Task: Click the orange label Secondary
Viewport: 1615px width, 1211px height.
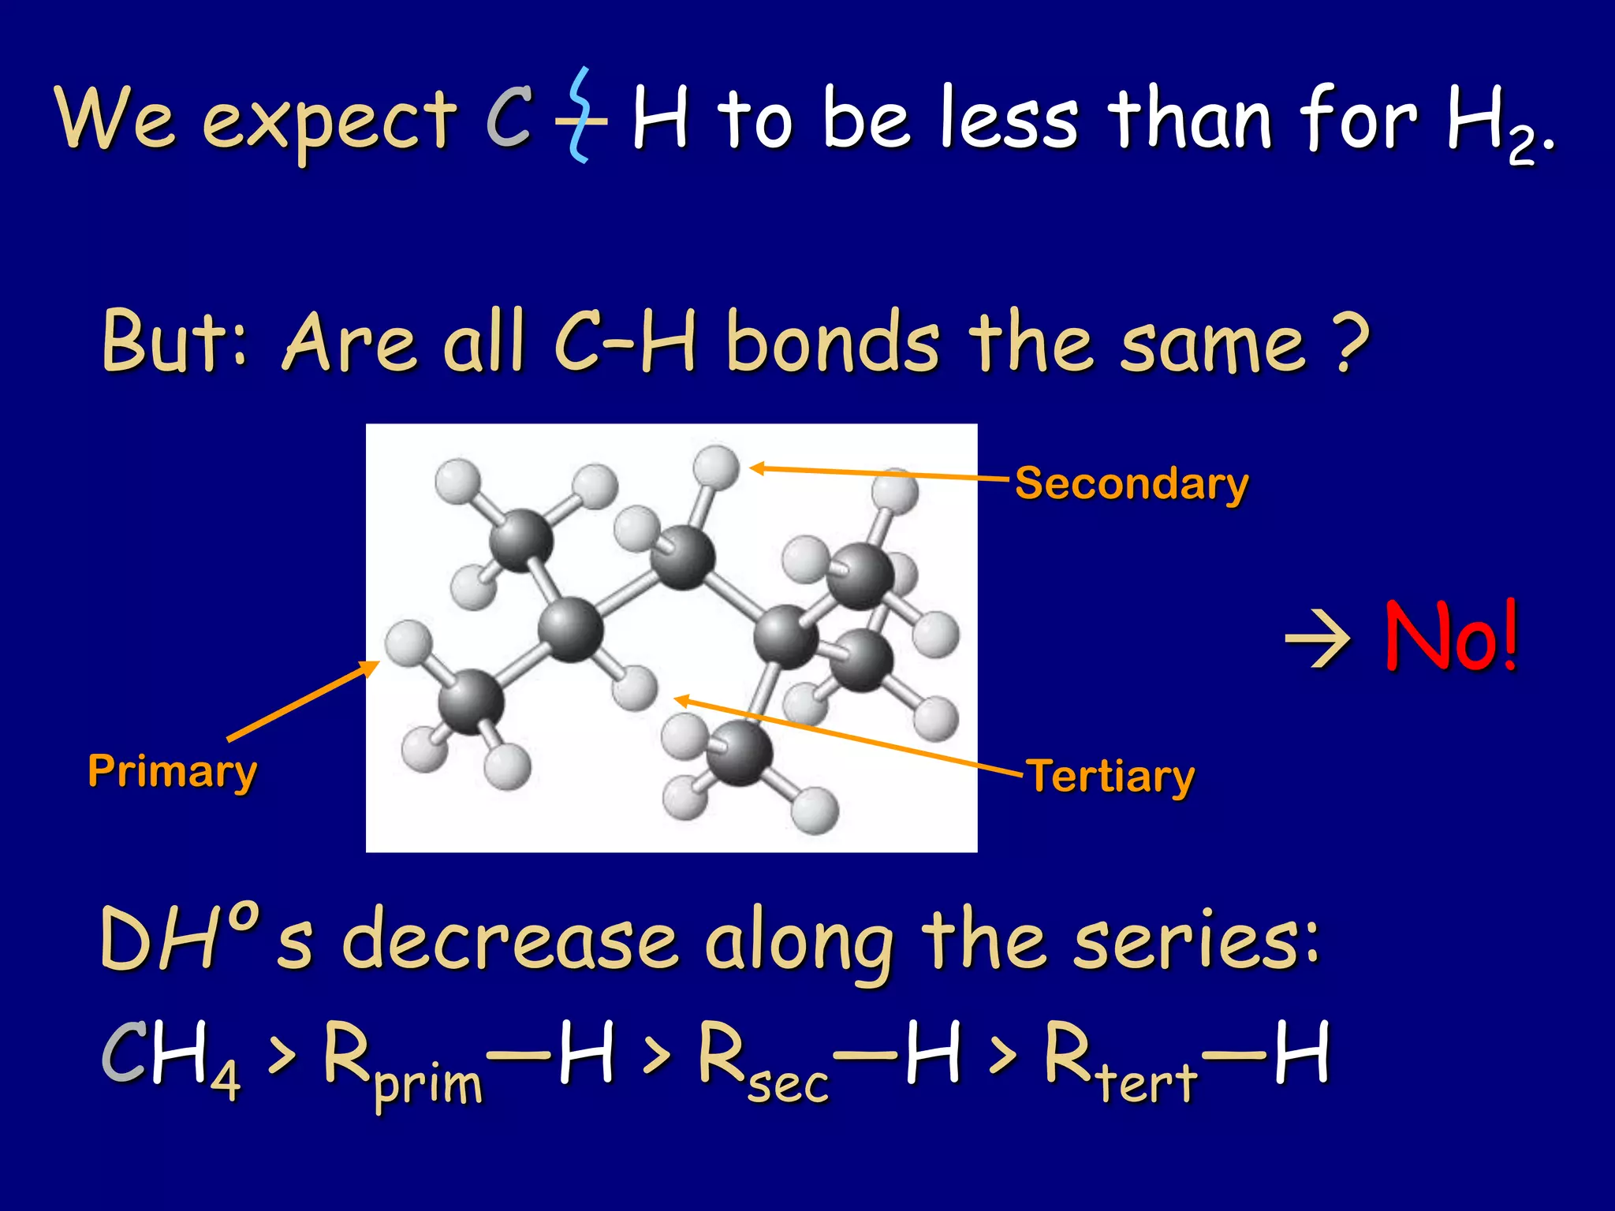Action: pos(1132,483)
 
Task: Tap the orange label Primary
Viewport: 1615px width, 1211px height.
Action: pos(172,771)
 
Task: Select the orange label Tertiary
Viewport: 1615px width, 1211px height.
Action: pos(1110,777)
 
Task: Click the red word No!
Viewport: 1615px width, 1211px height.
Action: pos(1451,635)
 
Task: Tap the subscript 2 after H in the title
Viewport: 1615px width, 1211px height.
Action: pos(1522,147)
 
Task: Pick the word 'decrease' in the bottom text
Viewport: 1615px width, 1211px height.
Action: pos(509,941)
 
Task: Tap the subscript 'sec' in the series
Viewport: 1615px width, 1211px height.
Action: pos(789,1085)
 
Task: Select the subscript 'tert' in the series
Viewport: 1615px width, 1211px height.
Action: pos(1148,1082)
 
